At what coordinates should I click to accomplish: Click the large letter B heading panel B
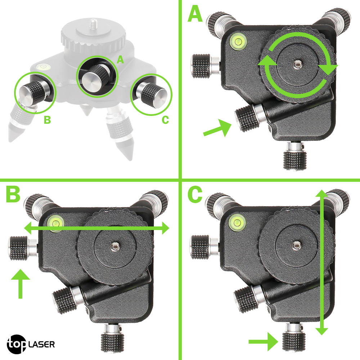(13, 194)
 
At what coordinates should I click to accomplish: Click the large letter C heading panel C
(195, 194)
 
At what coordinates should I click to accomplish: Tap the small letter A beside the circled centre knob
(120, 60)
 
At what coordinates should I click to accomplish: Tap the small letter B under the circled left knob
(47, 120)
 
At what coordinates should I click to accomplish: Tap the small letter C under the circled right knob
(165, 120)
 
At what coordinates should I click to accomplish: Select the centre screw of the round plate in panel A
(297, 64)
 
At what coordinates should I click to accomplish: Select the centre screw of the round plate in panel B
(114, 247)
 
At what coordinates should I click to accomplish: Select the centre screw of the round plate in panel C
(296, 246)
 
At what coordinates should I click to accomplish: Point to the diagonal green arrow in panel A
(217, 128)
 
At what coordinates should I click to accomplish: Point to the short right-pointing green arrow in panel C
(264, 342)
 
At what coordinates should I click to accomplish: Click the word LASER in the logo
(41, 345)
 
